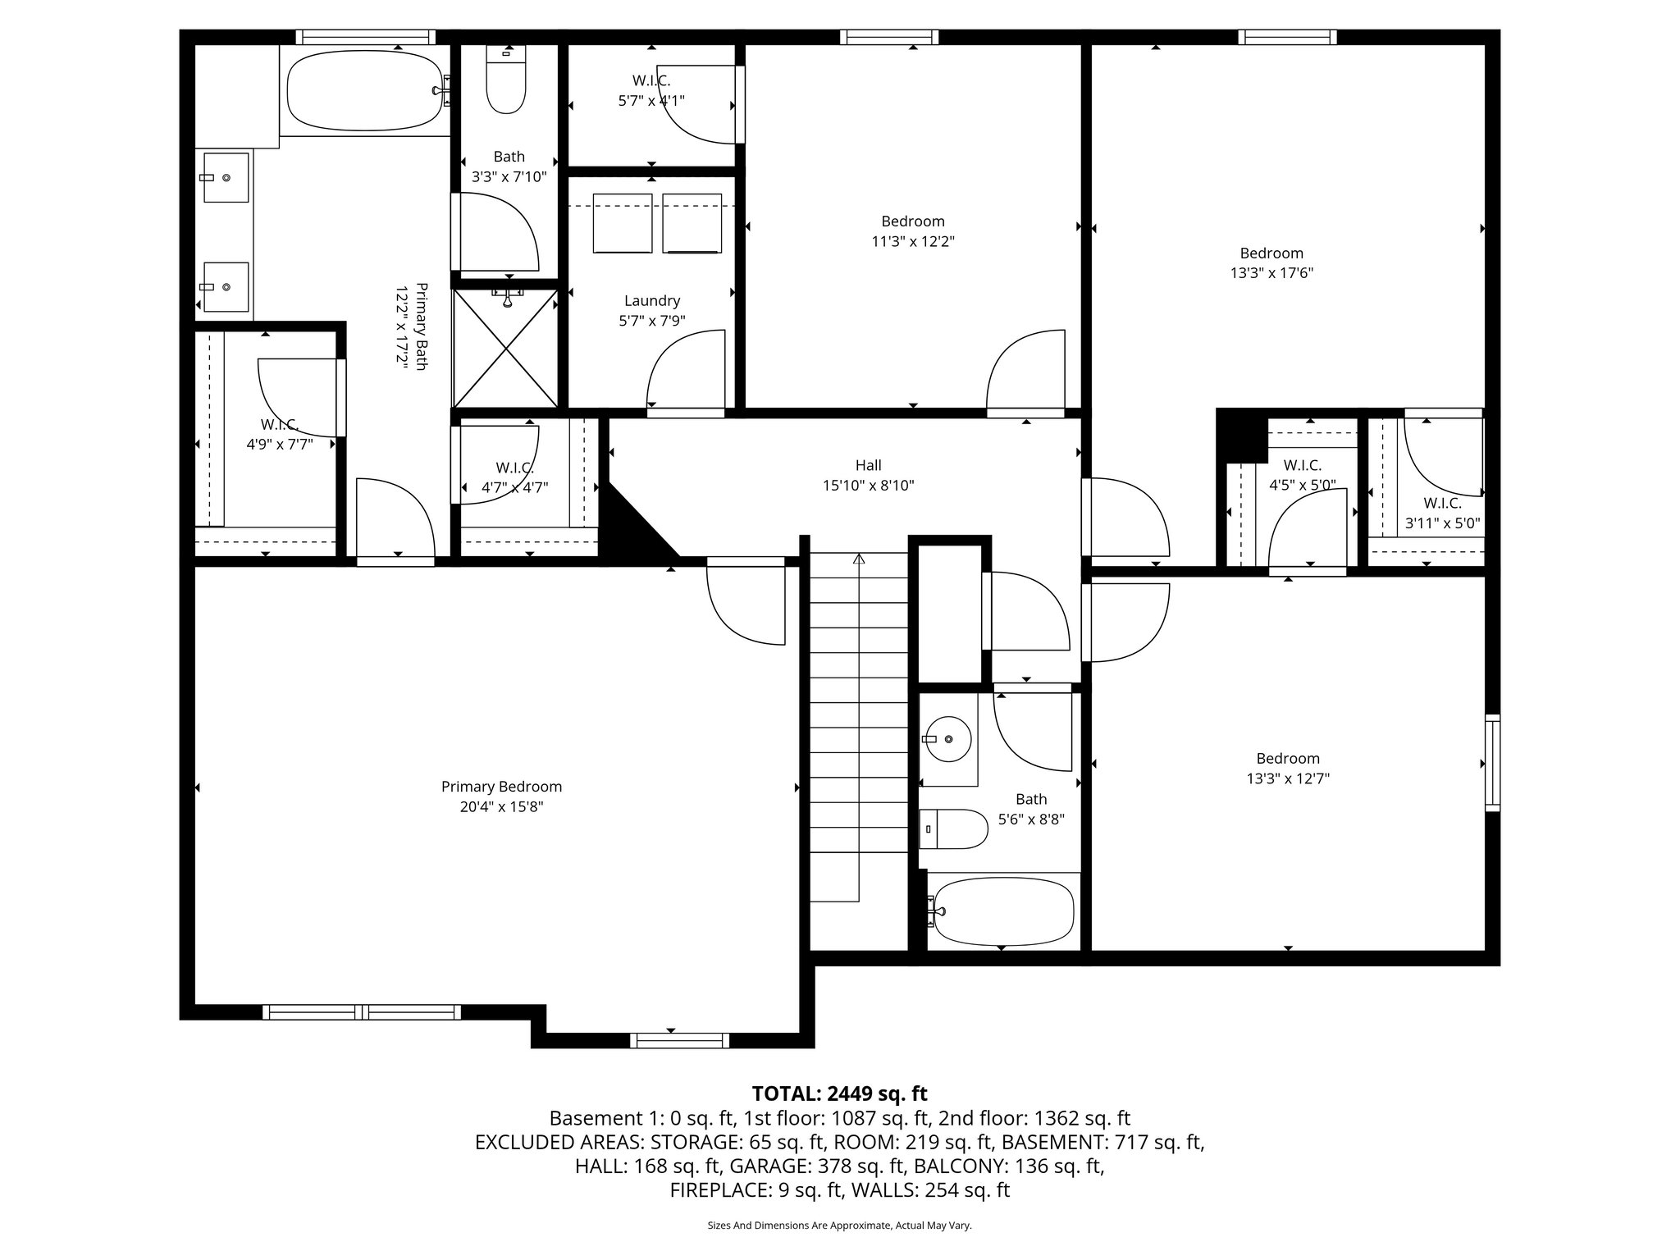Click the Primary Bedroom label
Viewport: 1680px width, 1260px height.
501,787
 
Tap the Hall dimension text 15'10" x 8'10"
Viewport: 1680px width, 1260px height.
868,486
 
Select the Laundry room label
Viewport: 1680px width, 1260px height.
651,301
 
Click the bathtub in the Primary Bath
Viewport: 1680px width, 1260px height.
364,90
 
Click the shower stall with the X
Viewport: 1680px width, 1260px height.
506,349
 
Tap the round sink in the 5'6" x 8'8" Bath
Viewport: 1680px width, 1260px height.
948,739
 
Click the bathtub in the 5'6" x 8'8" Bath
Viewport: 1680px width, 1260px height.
1002,911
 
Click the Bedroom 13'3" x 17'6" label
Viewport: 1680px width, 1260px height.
1271,253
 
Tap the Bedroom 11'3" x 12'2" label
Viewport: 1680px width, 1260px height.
913,221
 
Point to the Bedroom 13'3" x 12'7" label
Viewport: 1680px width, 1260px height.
1288,759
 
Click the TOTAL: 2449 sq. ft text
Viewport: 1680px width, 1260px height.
839,1093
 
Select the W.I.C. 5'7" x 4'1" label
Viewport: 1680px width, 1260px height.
651,80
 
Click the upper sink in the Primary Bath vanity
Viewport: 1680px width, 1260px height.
226,177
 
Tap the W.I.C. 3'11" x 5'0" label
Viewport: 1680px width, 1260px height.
1442,504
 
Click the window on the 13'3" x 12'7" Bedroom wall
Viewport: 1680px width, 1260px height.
1493,763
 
